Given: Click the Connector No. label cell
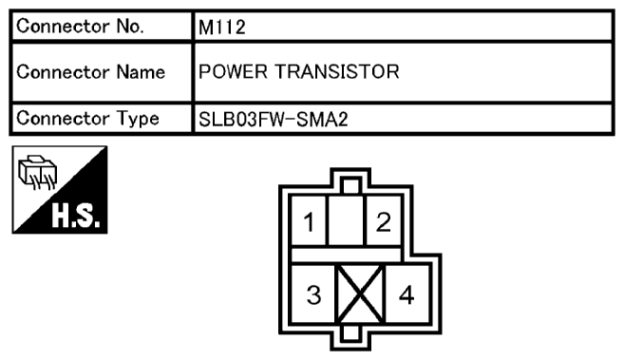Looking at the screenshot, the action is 95,28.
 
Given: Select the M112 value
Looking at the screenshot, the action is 221,28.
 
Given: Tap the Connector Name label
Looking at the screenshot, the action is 95,72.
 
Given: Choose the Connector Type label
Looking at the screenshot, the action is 95,119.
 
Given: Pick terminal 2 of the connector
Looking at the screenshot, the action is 382,222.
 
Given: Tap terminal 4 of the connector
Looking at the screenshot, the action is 407,294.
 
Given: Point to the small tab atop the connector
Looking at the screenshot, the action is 350,186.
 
